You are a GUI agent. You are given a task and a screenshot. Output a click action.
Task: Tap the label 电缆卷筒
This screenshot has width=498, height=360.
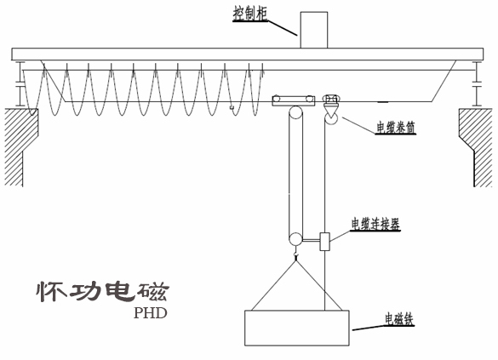(398, 129)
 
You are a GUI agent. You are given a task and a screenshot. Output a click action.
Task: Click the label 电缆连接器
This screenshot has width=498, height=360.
(375, 225)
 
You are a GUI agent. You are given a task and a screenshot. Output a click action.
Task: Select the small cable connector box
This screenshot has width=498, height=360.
(325, 242)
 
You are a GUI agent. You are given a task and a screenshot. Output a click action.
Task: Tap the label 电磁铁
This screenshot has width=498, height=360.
(398, 320)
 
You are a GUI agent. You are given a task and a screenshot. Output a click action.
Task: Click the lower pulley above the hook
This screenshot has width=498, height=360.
(295, 242)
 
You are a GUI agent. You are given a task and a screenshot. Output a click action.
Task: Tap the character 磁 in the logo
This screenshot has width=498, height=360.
(152, 292)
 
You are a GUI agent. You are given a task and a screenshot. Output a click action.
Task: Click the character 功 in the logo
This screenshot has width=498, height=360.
(84, 292)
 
